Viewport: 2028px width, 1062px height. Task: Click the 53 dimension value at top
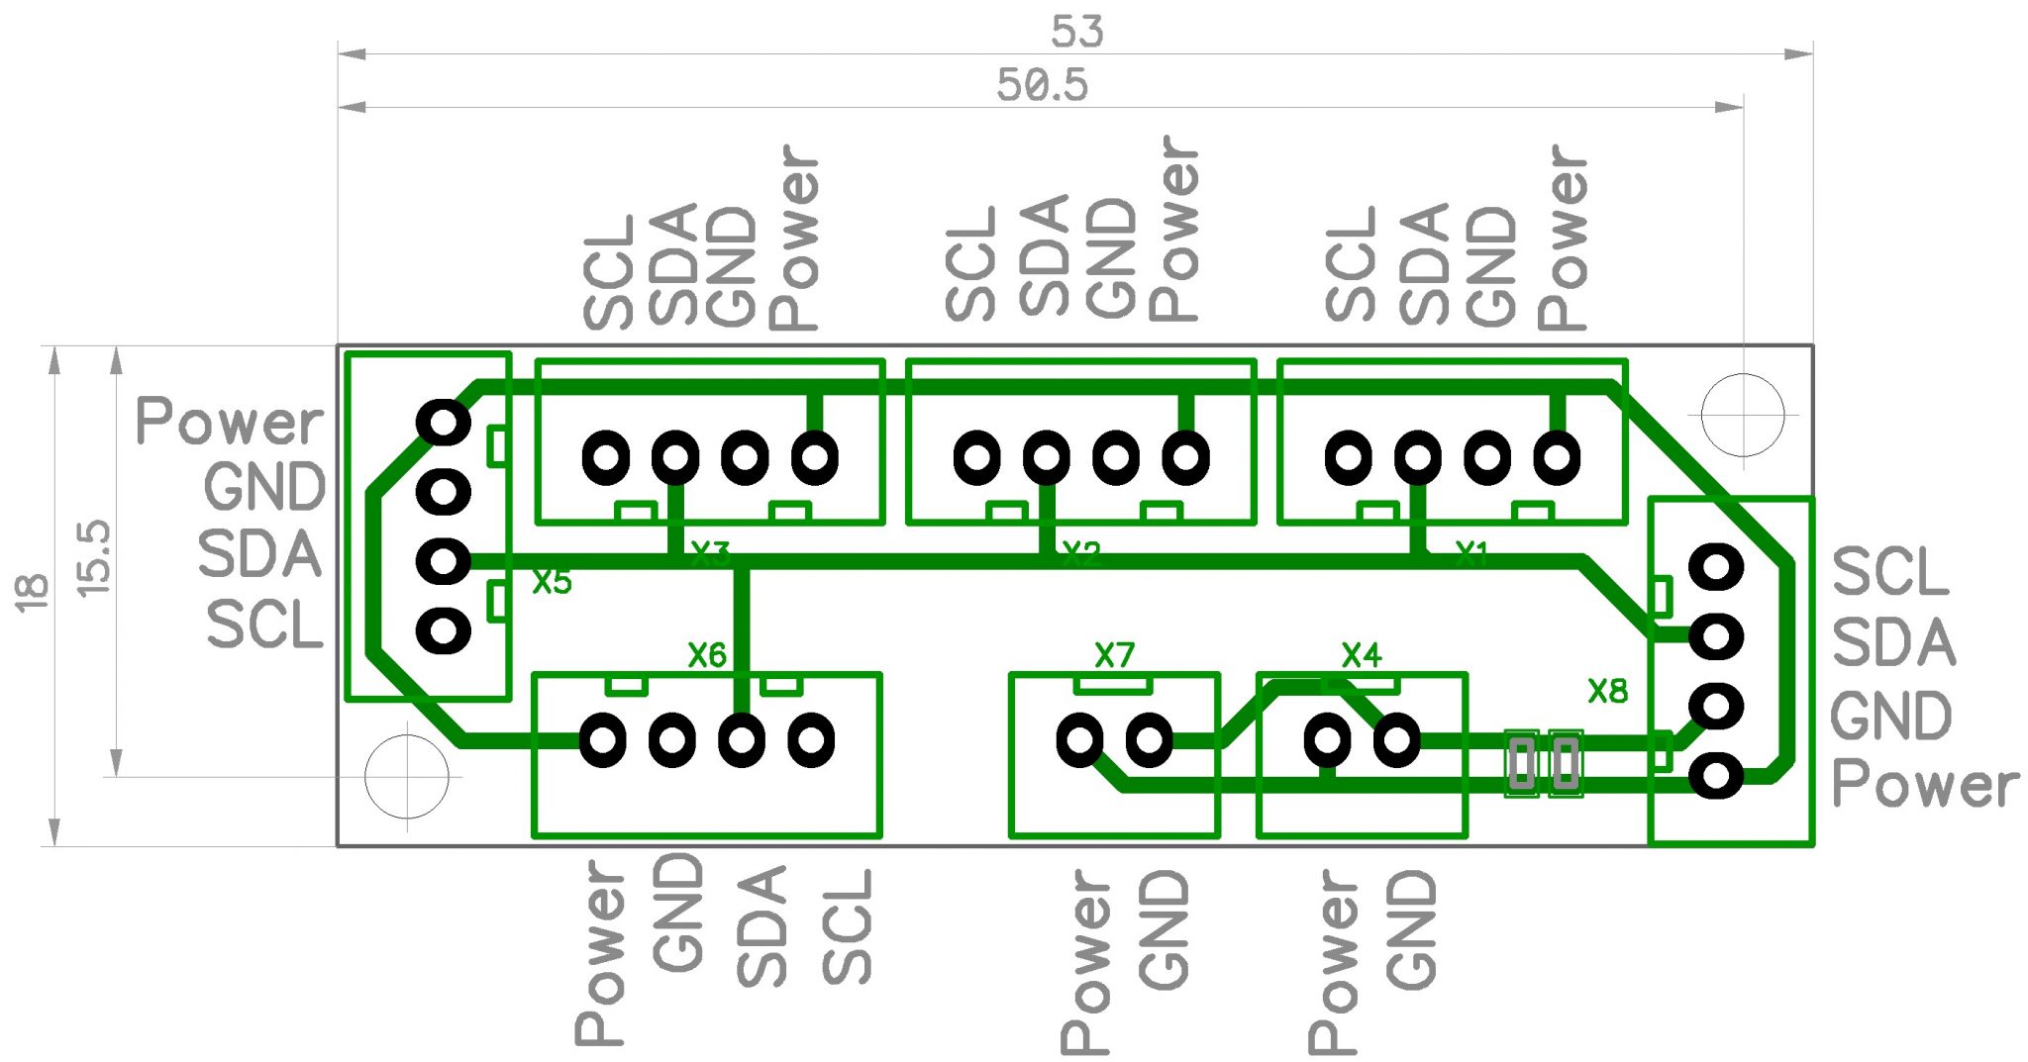pyautogui.click(x=1076, y=32)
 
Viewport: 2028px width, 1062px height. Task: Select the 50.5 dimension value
pyautogui.click(x=1042, y=85)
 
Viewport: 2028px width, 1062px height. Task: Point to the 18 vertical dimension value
pyautogui.click(x=32, y=592)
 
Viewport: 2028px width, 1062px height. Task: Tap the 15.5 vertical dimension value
pyautogui.click(x=94, y=558)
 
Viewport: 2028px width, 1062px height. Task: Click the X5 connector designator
pyautogui.click(x=552, y=582)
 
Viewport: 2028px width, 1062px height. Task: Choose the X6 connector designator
pyautogui.click(x=707, y=654)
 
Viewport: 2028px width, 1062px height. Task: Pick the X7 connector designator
pyautogui.click(x=1114, y=654)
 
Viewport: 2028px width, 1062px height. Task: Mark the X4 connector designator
pyautogui.click(x=1361, y=654)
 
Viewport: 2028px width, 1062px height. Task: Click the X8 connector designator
pyautogui.click(x=1607, y=691)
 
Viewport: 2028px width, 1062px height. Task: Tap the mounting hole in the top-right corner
pyautogui.click(x=1743, y=416)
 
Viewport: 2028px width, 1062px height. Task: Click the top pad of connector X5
pyautogui.click(x=443, y=423)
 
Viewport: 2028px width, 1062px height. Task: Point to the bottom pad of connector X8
pyautogui.click(x=1716, y=776)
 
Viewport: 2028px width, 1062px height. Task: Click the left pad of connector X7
pyautogui.click(x=1079, y=739)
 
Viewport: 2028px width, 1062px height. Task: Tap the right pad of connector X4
pyautogui.click(x=1396, y=739)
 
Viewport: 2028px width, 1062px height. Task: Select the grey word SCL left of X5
pyautogui.click(x=264, y=626)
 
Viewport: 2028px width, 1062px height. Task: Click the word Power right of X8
pyautogui.click(x=1924, y=785)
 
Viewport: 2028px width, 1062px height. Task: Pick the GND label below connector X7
pyautogui.click(x=1164, y=930)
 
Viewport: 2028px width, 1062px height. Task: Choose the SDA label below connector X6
pyautogui.click(x=762, y=926)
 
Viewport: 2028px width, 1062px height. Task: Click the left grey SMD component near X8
pyautogui.click(x=1521, y=763)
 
